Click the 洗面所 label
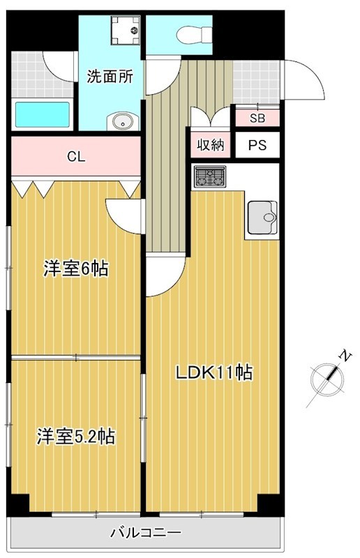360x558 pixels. click(110, 77)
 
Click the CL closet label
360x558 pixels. click(76, 157)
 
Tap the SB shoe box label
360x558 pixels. click(257, 118)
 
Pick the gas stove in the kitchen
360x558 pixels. click(209, 177)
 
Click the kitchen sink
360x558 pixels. click(262, 217)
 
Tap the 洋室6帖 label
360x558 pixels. click(76, 269)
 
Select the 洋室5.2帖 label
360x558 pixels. click(76, 437)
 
